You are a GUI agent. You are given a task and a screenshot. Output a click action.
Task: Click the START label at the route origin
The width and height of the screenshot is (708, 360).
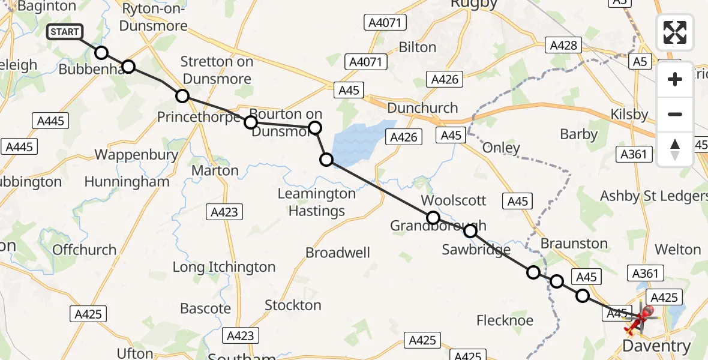65,32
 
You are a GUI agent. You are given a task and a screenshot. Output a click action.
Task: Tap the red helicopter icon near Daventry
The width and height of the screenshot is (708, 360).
640,318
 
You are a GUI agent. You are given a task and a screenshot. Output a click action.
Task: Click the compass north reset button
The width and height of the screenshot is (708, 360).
675,149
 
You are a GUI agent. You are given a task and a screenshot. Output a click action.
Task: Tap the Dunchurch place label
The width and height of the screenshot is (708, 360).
422,108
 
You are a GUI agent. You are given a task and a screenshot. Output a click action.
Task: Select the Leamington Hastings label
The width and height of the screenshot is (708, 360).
316,202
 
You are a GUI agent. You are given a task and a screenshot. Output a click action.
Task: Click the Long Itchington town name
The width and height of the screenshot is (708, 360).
224,267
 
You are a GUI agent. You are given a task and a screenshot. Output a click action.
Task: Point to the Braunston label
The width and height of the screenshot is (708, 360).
574,243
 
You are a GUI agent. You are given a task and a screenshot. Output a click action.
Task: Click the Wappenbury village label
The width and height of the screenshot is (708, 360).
136,155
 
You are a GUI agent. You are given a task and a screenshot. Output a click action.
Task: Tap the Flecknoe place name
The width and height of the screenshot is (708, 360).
505,320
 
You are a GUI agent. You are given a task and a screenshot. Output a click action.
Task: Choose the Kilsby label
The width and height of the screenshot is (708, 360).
629,114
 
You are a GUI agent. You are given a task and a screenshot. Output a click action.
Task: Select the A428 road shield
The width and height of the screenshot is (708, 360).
563,45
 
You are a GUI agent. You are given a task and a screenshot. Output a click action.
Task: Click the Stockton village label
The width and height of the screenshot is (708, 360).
293,305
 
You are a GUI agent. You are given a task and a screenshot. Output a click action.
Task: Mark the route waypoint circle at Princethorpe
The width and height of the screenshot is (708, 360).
182,96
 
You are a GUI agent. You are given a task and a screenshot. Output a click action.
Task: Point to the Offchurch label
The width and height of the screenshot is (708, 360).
84,250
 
